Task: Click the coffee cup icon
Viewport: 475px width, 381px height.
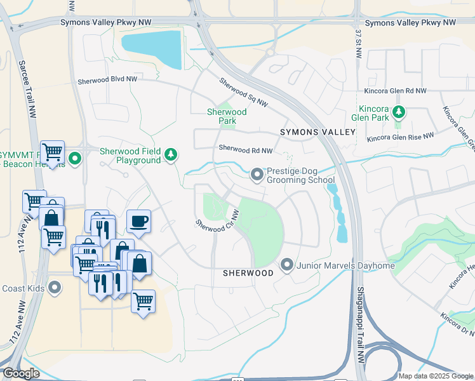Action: [138, 222]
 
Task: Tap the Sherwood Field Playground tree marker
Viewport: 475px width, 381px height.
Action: [170, 154]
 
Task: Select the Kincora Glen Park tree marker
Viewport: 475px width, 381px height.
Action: [399, 112]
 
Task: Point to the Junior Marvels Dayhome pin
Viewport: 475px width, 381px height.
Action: [286, 264]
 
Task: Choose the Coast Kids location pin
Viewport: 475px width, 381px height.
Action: [55, 288]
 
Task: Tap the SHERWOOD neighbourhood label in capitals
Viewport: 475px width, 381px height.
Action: [248, 272]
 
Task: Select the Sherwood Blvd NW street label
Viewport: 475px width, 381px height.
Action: [107, 81]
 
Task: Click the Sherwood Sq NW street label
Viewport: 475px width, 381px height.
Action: [244, 92]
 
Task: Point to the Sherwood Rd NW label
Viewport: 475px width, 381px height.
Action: [245, 150]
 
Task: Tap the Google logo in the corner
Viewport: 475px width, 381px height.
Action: [21, 373]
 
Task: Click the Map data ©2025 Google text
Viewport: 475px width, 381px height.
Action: [435, 376]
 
